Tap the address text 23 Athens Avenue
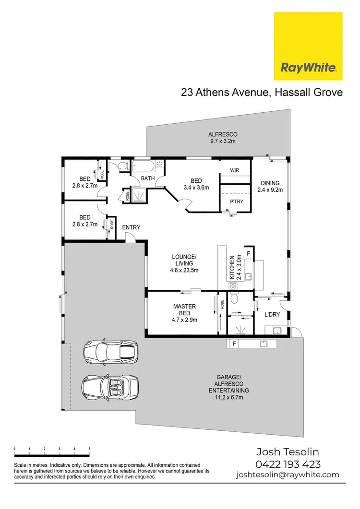point(224,92)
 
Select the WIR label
point(235,170)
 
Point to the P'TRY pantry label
point(236,201)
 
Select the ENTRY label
point(131,227)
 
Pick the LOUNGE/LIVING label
point(184,263)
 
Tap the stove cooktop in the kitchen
point(233,285)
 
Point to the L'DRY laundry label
point(272,315)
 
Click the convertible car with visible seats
point(110,386)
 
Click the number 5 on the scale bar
point(89,449)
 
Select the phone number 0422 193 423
point(288,464)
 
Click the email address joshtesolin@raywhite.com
point(288,475)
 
